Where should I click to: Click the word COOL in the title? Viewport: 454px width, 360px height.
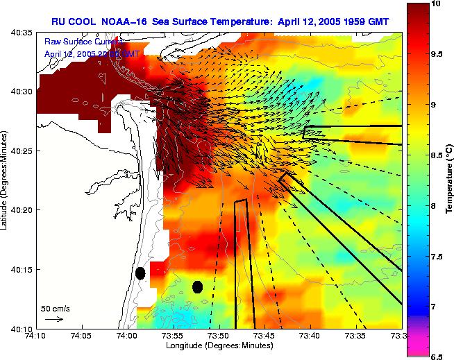pyautogui.click(x=91, y=21)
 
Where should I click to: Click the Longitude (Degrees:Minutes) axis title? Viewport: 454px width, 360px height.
pyautogui.click(x=218, y=345)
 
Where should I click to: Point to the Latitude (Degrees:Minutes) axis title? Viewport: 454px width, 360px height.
pyautogui.click(x=6, y=180)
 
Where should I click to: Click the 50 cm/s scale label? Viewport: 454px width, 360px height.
pyautogui.click(x=55, y=308)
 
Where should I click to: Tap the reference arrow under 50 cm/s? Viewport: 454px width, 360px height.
pyautogui.click(x=53, y=319)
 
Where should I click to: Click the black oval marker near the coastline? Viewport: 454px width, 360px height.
pyautogui.click(x=140, y=273)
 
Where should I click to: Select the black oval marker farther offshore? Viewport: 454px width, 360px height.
pyautogui.click(x=198, y=286)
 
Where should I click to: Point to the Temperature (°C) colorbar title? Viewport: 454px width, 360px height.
pyautogui.click(x=449, y=180)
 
